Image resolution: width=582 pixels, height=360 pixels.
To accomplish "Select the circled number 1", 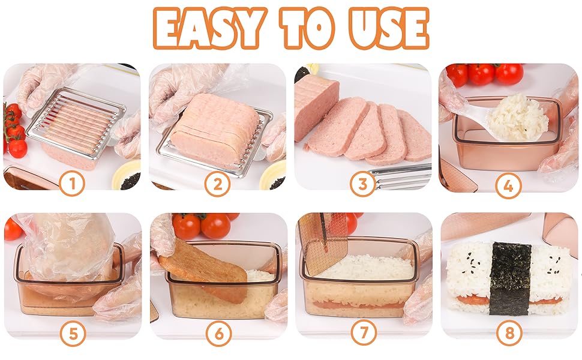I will [x=72, y=185].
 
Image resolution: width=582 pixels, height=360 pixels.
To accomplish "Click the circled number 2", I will [x=217, y=185].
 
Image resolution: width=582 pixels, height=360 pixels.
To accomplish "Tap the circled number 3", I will [x=363, y=185].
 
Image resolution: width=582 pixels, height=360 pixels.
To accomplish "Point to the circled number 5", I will [x=72, y=333].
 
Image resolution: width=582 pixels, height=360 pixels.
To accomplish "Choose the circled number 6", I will [x=217, y=333].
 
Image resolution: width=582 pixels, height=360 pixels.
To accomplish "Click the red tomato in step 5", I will [x=12, y=229].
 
